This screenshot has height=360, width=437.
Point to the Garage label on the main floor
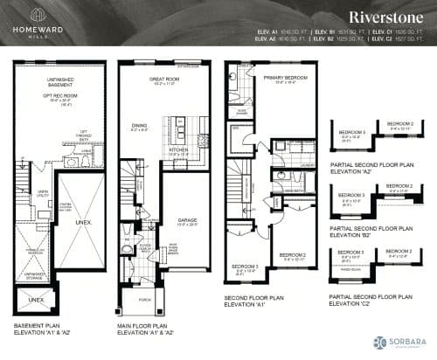(x=187, y=197)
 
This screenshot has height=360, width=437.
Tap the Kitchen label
(x=180, y=149)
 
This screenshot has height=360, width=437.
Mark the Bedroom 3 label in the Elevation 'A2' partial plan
(x=352, y=133)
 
